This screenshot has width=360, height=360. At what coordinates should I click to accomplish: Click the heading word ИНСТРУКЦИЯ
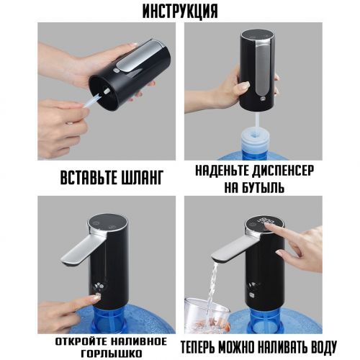coord(180,11)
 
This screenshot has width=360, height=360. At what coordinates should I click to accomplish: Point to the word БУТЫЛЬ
coord(261,187)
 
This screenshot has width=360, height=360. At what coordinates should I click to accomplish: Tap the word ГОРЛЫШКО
coord(112,354)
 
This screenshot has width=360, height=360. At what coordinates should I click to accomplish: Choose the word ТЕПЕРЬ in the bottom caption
coord(197,347)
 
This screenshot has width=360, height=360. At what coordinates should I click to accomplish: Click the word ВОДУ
coord(323,347)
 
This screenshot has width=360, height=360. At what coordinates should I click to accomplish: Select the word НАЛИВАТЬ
coord(281,347)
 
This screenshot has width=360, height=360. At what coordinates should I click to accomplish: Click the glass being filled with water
coord(207,315)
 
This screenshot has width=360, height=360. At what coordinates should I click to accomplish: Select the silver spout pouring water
coord(235,249)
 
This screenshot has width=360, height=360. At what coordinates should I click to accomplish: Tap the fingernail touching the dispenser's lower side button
coord(96,297)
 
